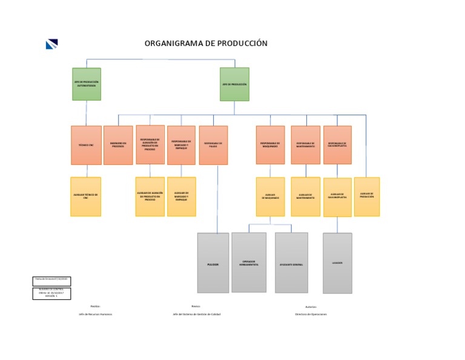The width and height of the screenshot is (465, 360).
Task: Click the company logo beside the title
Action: coord(51,44)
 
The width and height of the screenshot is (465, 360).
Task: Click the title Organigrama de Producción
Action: coord(205,44)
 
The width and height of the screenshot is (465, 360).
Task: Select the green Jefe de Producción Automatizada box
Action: coord(87,84)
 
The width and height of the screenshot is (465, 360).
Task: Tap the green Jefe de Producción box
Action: coord(234,84)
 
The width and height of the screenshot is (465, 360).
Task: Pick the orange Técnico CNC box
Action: coord(86,145)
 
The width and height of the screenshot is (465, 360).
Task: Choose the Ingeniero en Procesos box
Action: coord(118,145)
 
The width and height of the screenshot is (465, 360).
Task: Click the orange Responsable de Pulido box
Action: coord(213,145)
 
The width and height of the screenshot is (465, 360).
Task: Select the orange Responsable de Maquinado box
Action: coord(270,145)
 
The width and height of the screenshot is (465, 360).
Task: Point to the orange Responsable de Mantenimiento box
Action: coord(305,145)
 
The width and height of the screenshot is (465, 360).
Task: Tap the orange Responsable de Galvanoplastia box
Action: coord(337,145)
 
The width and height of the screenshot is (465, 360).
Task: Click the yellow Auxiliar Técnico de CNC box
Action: coord(85,196)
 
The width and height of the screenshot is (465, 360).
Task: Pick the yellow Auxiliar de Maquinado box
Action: coord(270,196)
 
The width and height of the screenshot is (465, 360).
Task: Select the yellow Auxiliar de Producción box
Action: coord(367,196)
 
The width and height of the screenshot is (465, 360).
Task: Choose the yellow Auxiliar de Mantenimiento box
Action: coord(305,196)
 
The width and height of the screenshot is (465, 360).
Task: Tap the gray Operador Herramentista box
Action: coord(249,262)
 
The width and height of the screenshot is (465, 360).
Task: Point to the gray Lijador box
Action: coord(337,263)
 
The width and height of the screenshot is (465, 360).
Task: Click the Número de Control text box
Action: coord(51,293)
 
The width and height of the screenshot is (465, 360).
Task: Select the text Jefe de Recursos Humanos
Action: coord(95,314)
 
